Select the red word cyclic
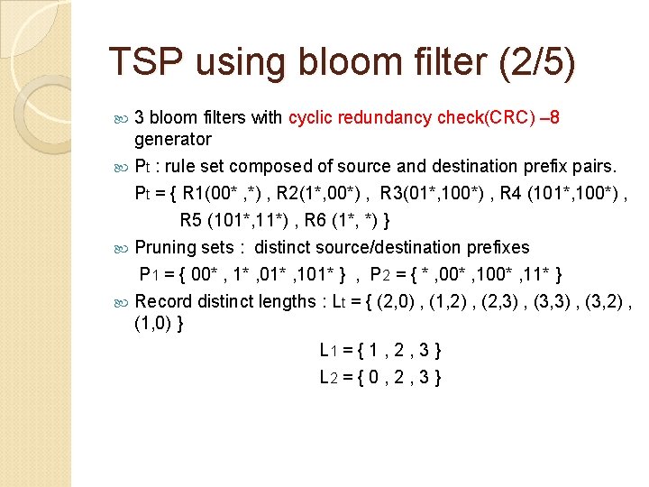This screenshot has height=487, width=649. [x=311, y=117]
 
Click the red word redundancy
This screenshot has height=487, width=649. [x=388, y=117]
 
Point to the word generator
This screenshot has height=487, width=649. [x=172, y=139]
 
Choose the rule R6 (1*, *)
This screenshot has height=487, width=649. [x=348, y=220]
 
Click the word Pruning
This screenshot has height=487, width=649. [x=165, y=247]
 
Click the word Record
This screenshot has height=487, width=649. [x=164, y=301]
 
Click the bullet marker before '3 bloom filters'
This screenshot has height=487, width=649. [x=123, y=118]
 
